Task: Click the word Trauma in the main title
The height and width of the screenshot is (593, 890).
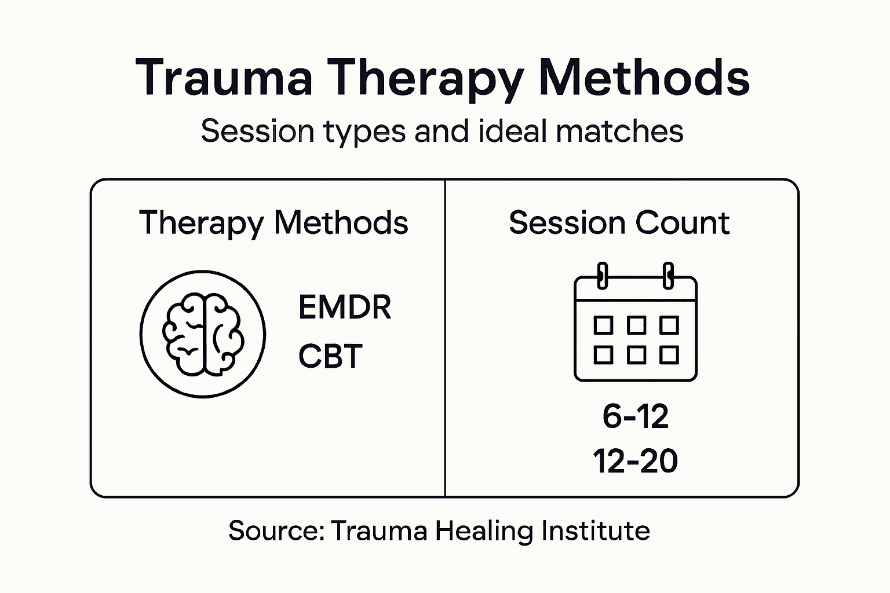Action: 224,78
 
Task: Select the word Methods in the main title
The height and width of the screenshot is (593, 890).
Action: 644,78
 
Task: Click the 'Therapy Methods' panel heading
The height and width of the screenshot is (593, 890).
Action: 273,223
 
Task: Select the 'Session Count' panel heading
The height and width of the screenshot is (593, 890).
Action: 619,223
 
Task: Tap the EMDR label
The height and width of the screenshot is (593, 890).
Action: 345,308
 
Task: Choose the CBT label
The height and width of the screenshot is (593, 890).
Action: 330,356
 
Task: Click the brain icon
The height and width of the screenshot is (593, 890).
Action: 203,335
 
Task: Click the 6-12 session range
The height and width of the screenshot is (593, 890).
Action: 635,416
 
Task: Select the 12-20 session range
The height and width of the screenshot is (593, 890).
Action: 635,462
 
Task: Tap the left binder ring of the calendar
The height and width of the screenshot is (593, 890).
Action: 603,275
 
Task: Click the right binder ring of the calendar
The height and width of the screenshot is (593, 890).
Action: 668,275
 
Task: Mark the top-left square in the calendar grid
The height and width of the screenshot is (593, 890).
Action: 603,325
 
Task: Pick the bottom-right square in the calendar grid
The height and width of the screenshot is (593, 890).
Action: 669,354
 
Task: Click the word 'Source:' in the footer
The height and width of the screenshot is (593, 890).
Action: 276,530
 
